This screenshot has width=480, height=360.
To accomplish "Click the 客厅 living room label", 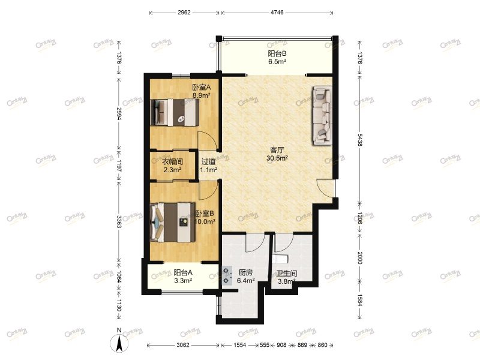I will click(x=277, y=150).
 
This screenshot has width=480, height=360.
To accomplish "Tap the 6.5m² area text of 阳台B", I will click(x=277, y=62).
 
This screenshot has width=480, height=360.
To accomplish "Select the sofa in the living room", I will click(x=321, y=115).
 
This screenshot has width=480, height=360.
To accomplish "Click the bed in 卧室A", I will click(x=175, y=112).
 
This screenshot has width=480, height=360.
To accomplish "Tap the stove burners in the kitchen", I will click(x=227, y=275).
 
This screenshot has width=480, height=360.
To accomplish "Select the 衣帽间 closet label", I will click(x=172, y=161).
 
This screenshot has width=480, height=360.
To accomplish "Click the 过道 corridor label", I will click(x=208, y=161).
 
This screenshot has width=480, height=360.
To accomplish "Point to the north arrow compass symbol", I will click(x=119, y=343).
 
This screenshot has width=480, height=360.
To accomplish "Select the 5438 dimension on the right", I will click(x=359, y=140).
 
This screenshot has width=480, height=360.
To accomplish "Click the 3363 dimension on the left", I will click(x=119, y=221).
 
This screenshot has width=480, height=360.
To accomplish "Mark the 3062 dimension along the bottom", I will click(x=183, y=345).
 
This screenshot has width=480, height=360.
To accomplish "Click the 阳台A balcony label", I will click(x=179, y=272).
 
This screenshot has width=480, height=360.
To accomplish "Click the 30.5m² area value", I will click(x=277, y=158).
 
